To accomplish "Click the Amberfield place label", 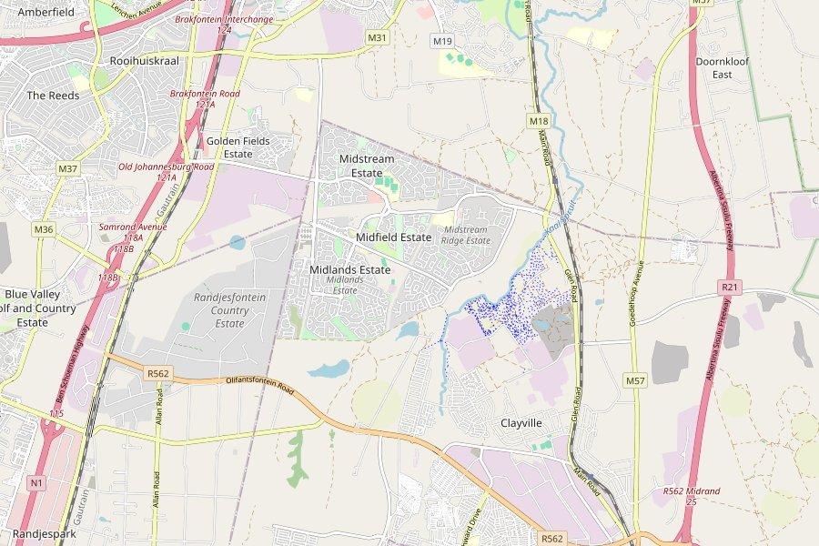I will coord(46,12).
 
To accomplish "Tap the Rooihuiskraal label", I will coord(144,60).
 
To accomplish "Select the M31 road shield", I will coord(378,37).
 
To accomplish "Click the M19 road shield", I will coord(443,41).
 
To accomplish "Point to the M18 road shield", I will coord(539,121).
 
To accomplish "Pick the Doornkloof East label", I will coord(722,67).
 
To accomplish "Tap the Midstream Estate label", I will coord(367,166).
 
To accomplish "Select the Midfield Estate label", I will coord(393,237).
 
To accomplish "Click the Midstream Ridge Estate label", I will coord(466,235).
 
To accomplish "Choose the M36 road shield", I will coord(44,229).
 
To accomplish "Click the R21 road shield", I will coord(728,288).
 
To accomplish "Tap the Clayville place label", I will coord(521,423).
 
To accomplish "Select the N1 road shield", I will coord(36,481).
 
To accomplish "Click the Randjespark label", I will coord(45,534).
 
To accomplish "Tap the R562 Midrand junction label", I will coord(692,496).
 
